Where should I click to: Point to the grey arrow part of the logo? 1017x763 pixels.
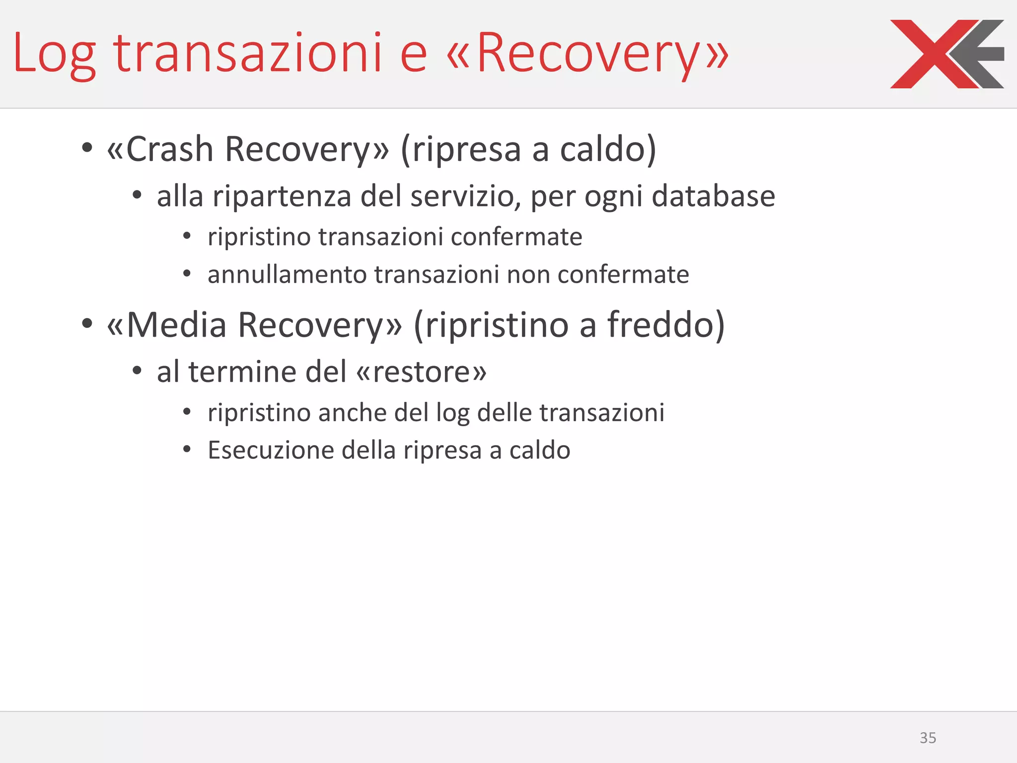click(x=981, y=54)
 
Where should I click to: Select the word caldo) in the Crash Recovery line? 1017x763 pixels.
click(x=608, y=149)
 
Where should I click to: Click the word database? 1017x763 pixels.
click(x=713, y=196)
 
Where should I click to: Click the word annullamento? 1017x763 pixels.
click(x=287, y=275)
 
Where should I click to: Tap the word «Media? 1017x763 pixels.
click(x=167, y=325)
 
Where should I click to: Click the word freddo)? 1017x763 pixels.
click(x=666, y=325)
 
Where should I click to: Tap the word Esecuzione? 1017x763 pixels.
click(x=271, y=451)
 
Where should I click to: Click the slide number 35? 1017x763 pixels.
click(x=928, y=738)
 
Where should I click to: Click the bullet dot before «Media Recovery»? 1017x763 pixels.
click(x=87, y=324)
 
